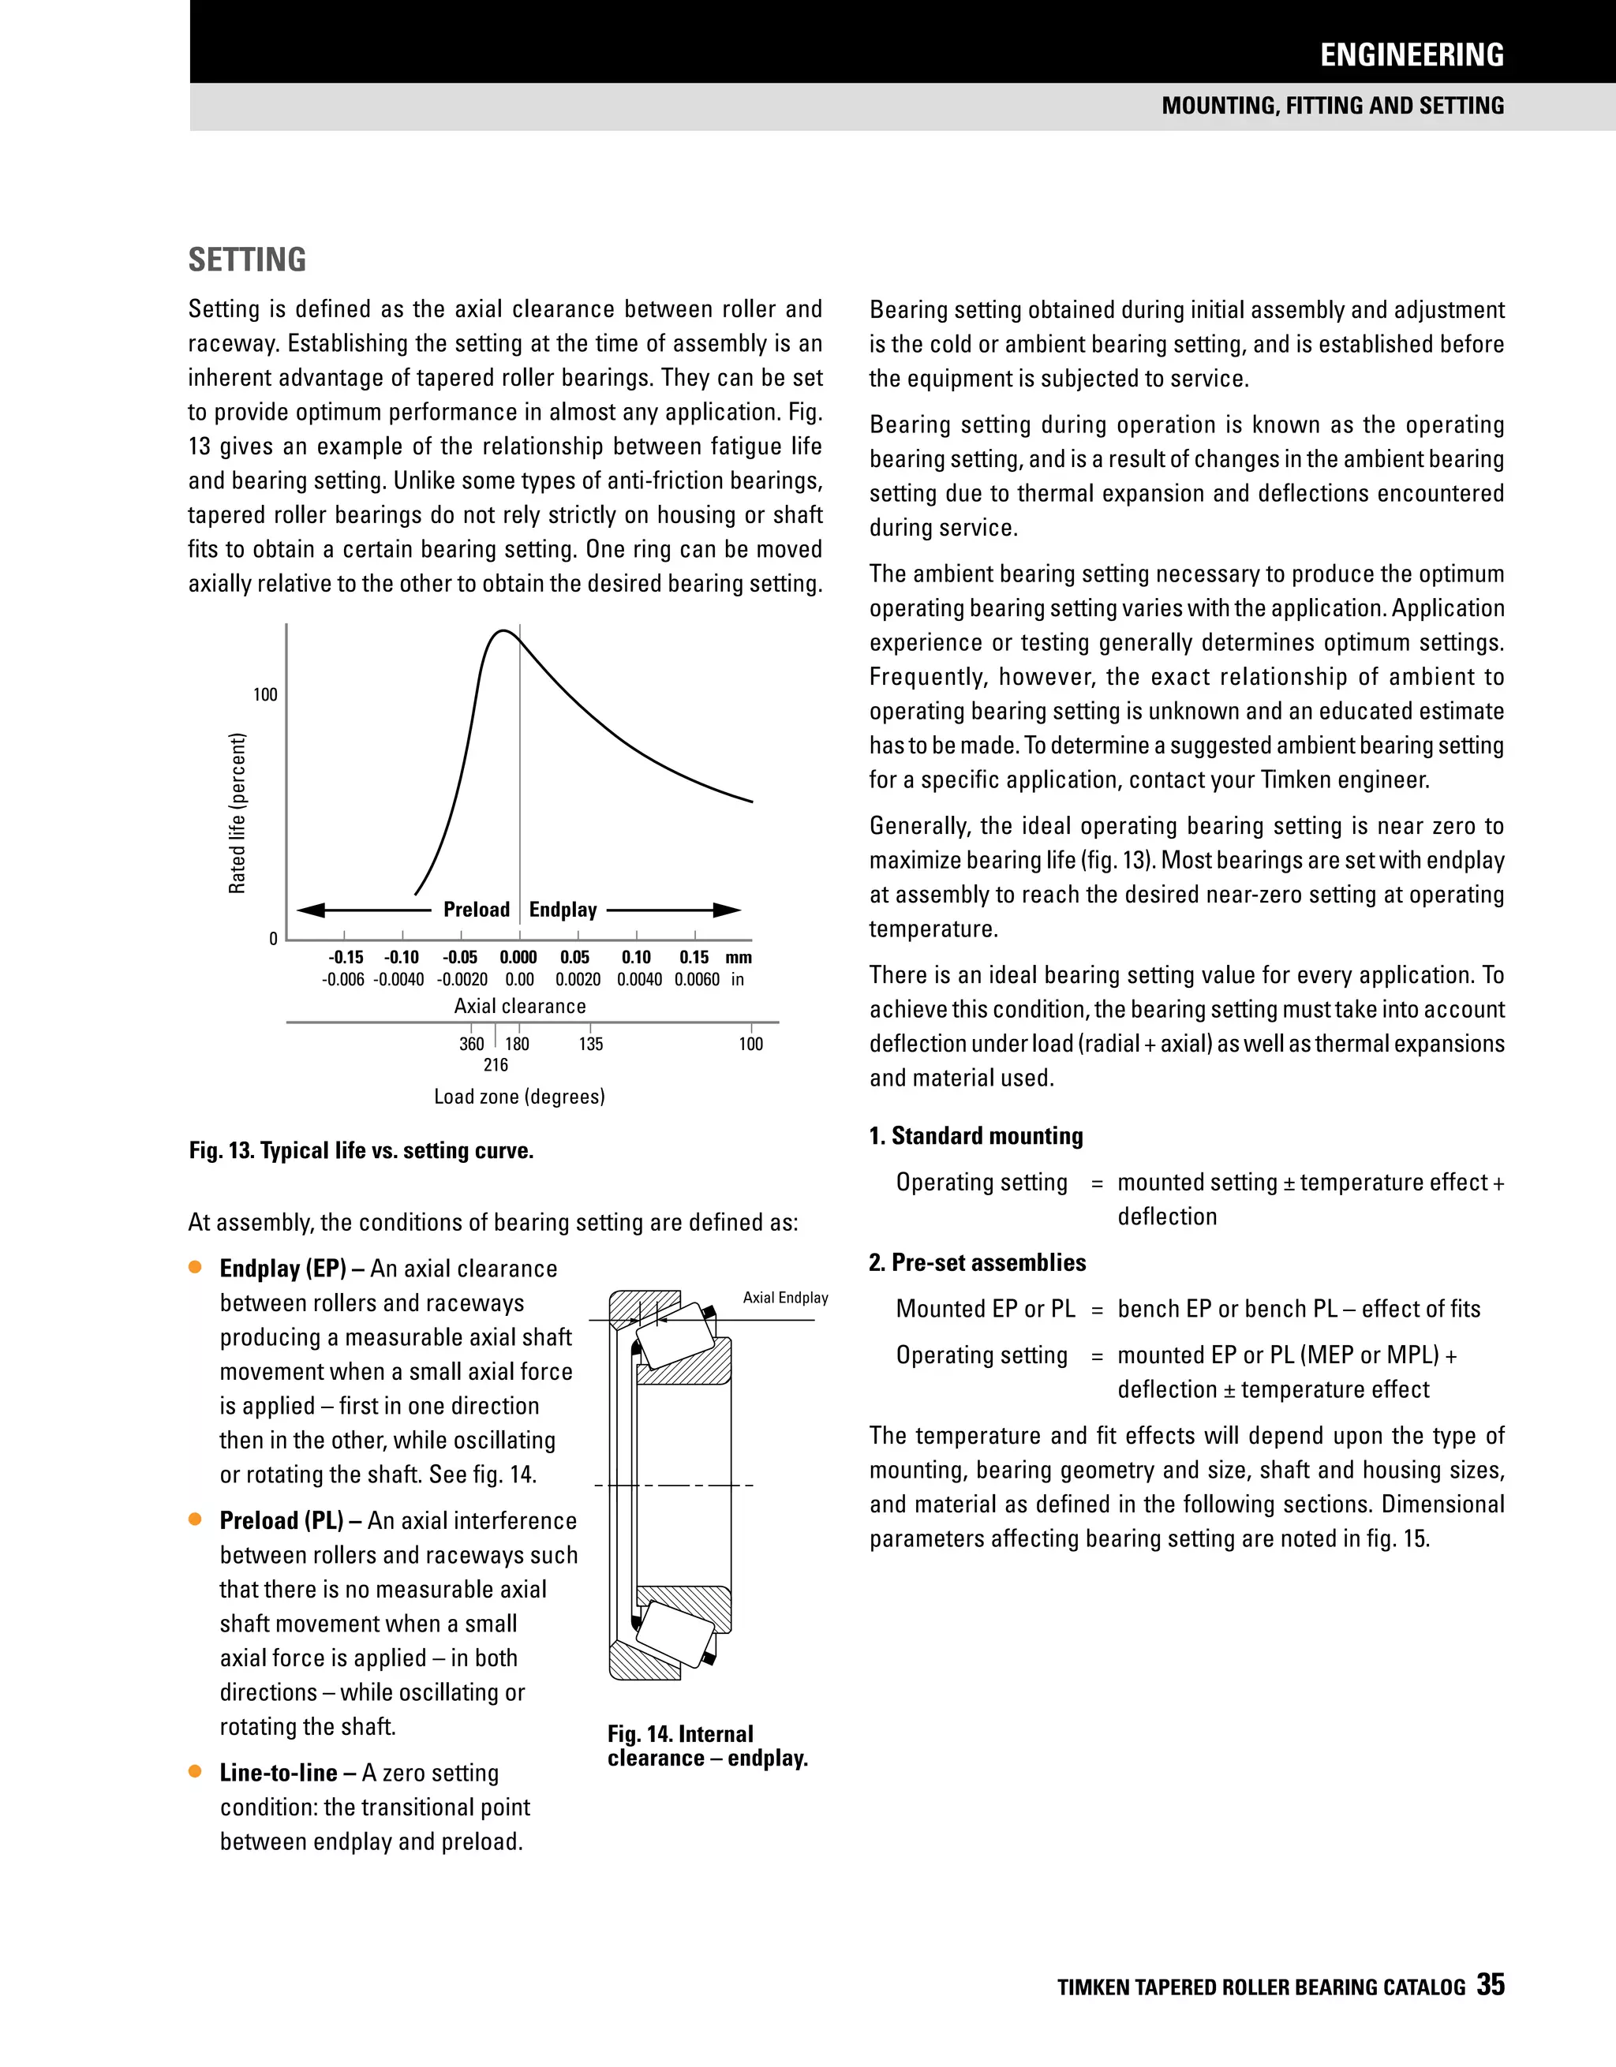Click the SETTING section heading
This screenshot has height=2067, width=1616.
(x=247, y=260)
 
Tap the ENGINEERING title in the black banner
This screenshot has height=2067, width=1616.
(x=1411, y=55)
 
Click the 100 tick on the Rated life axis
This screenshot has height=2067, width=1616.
(x=265, y=695)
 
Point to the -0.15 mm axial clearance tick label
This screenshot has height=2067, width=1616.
(x=346, y=957)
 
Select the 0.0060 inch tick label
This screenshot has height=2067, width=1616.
(x=697, y=980)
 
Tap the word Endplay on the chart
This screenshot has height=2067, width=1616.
(x=563, y=910)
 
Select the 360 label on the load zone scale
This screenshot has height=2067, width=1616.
(x=471, y=1044)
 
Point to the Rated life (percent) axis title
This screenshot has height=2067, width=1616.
(x=237, y=812)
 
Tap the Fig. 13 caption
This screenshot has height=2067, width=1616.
(x=361, y=1151)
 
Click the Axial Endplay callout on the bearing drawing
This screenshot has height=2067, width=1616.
(x=785, y=1298)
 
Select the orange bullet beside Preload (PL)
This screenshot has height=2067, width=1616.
(x=196, y=1519)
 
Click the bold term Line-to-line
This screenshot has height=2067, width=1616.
(x=278, y=1773)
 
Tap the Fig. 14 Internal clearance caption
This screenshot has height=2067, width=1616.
(x=706, y=1746)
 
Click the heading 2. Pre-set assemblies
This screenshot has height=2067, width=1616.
(x=977, y=1262)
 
